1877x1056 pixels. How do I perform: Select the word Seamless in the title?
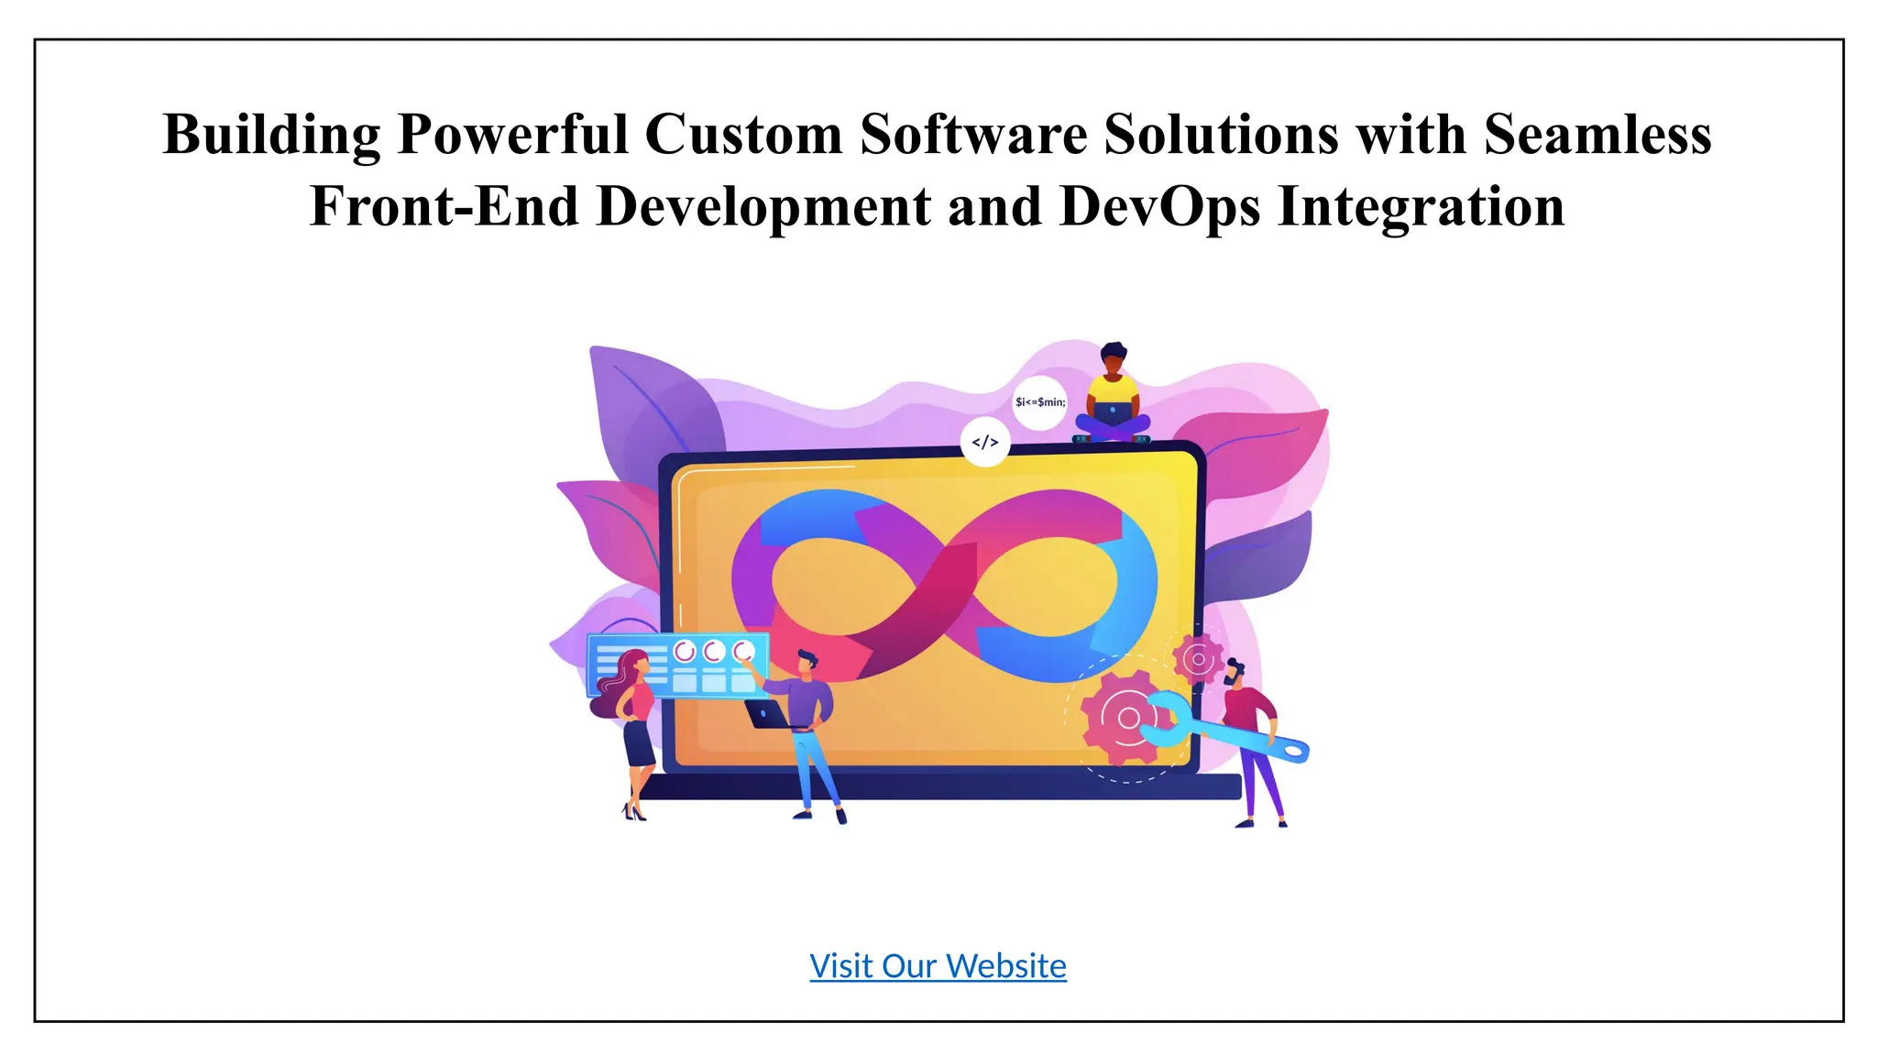(x=1597, y=135)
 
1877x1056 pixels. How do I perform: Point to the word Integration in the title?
(x=1421, y=206)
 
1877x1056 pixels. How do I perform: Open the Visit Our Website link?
(x=938, y=966)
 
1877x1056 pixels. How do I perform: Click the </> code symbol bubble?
(x=985, y=443)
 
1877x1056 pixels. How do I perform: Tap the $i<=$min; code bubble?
(x=1040, y=401)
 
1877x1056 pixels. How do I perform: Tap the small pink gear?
(x=1198, y=658)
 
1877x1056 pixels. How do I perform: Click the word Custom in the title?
(x=743, y=135)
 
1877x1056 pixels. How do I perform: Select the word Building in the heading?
(x=271, y=135)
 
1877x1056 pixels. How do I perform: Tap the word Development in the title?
(x=763, y=206)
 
